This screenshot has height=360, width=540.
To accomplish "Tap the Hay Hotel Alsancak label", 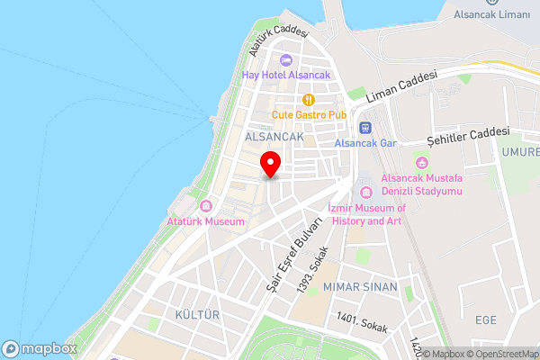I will click(286, 76).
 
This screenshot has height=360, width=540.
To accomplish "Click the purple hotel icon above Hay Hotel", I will click(286, 60).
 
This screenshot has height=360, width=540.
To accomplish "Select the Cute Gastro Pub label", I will click(309, 115).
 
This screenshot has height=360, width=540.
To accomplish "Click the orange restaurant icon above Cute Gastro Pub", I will click(309, 100).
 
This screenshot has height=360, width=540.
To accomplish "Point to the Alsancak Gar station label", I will click(365, 142).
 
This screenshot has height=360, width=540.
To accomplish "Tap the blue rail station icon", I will click(365, 127).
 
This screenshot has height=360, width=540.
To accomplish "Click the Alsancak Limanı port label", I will click(491, 14).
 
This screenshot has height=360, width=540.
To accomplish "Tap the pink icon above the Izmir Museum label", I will click(365, 192).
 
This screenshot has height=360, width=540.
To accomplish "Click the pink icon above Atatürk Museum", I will click(205, 206).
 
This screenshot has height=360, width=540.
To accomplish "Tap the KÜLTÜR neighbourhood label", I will click(198, 314).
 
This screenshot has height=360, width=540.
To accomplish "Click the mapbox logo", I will click(38, 348).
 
